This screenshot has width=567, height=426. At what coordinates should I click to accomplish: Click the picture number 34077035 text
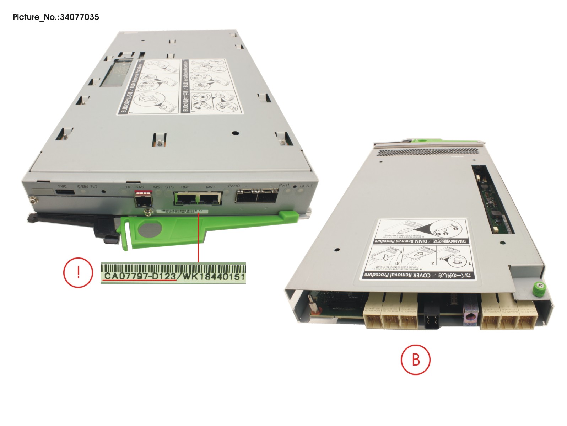pyautogui.click(x=56, y=17)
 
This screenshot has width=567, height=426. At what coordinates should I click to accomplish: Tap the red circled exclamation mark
pyautogui.click(x=78, y=272)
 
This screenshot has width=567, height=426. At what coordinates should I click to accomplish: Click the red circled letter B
pyautogui.click(x=415, y=359)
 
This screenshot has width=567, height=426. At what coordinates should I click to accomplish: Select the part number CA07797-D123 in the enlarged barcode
pyautogui.click(x=140, y=276)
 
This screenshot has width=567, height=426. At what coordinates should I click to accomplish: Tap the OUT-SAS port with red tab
pyautogui.click(x=144, y=199)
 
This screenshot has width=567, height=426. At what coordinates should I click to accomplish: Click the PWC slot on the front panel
pyautogui.click(x=65, y=192)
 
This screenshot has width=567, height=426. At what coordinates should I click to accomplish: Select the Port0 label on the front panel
pyautogui.click(x=234, y=186)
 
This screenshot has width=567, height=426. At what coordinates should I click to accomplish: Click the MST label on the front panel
pyautogui.click(x=157, y=187)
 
